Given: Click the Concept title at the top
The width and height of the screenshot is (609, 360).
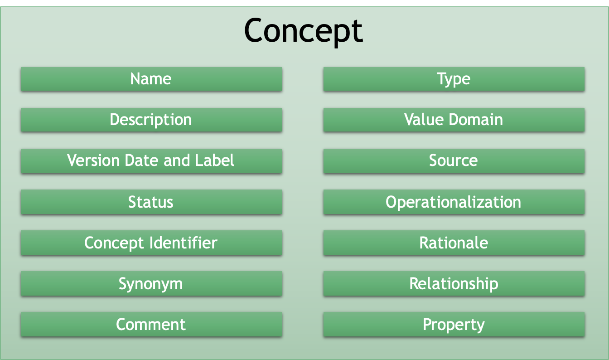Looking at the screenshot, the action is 303,31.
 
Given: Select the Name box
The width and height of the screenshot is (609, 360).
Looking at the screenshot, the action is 151,79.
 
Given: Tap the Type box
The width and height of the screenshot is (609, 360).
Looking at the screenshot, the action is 454,79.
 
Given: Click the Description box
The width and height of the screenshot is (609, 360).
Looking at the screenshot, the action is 151,120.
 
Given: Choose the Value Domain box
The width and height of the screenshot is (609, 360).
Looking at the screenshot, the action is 454,120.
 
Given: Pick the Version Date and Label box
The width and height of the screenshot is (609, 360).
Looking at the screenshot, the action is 151,161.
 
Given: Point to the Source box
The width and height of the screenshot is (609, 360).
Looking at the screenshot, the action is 454,161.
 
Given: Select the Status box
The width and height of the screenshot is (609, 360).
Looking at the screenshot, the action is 151,202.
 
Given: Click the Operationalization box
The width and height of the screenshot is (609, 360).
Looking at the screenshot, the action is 454,202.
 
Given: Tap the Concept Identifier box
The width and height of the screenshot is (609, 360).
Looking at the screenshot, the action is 151,243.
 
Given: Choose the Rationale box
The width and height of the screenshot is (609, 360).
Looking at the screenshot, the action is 454,243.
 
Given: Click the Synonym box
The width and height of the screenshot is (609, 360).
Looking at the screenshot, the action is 151,283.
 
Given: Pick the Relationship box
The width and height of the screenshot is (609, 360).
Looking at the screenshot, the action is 454,283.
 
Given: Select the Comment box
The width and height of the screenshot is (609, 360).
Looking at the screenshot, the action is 151,324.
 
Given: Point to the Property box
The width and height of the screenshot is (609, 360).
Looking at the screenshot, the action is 454,324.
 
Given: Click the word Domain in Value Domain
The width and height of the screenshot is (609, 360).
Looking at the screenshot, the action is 476,119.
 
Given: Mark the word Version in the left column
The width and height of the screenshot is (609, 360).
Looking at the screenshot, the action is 93,160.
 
